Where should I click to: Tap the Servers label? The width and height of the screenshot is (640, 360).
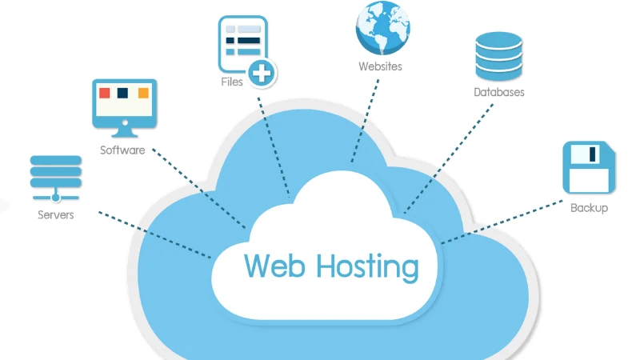(55, 215)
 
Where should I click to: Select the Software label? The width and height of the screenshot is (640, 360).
(122, 150)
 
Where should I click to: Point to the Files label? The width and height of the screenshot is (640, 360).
(232, 82)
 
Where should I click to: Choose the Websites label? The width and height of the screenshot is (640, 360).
(380, 66)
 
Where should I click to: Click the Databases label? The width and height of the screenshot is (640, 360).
(498, 93)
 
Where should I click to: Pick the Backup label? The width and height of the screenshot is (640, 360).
(589, 208)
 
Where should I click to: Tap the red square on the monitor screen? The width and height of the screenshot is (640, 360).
(104, 94)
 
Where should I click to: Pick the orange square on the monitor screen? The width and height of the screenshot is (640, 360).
(142, 94)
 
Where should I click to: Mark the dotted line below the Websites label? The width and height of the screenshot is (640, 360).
(364, 120)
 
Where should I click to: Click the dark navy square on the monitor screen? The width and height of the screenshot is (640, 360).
(122, 94)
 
